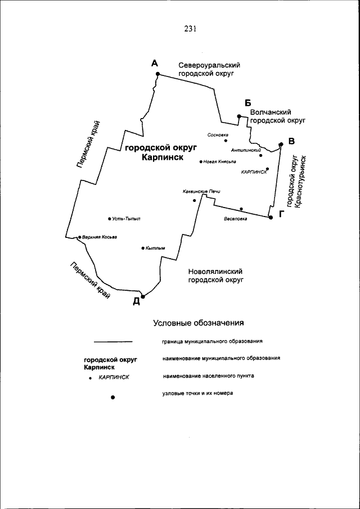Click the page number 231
click(x=189, y=29)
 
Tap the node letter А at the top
click(x=155, y=64)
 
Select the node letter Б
click(x=247, y=102)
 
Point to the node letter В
click(x=291, y=141)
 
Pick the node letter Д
click(x=136, y=301)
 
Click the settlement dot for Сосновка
click(x=226, y=141)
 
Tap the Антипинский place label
click(x=246, y=150)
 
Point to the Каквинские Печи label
click(x=201, y=191)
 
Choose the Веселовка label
click(x=235, y=219)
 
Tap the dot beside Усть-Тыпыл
click(x=109, y=218)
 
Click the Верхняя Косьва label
click(x=99, y=237)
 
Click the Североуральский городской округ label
click(x=205, y=69)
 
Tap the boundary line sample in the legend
click(x=112, y=341)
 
